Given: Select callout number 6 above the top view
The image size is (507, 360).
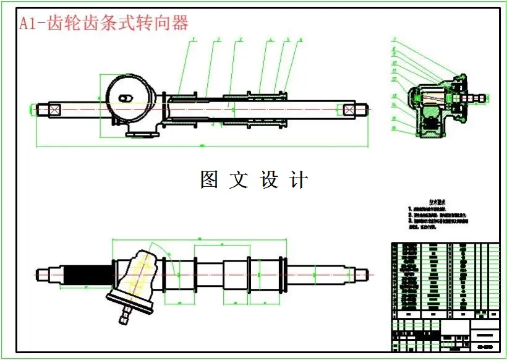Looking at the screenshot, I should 300,40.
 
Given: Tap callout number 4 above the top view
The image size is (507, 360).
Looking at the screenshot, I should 271,40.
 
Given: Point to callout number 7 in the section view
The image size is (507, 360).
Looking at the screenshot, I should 393,41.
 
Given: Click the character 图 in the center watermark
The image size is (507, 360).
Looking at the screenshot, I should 209,180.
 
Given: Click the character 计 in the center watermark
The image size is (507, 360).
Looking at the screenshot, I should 299,180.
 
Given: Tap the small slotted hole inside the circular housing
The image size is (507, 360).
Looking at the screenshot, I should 126,98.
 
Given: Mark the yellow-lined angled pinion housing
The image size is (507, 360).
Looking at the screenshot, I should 140,275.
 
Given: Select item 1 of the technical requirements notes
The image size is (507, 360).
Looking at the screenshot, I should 433,210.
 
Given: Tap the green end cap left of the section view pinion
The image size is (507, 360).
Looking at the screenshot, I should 411,98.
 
